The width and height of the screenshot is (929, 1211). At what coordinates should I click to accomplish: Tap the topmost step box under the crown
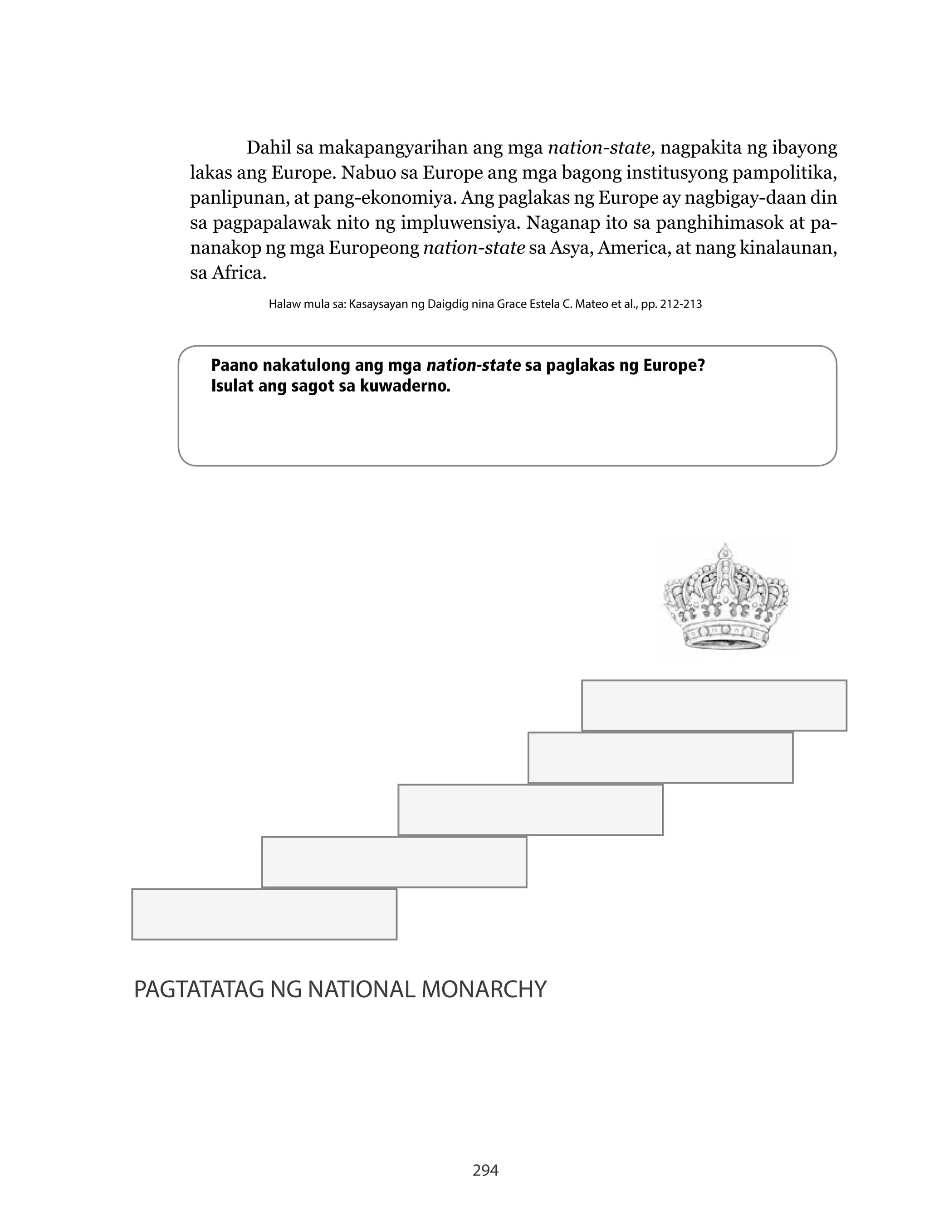[714, 705]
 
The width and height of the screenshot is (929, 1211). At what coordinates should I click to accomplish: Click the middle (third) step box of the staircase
[530, 809]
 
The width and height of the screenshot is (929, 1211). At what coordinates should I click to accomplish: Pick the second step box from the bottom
[394, 862]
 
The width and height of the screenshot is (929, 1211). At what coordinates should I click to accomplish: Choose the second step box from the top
[660, 758]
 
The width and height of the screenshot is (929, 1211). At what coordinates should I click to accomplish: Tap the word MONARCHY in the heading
[484, 990]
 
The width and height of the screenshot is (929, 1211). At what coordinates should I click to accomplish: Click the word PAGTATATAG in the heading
[199, 990]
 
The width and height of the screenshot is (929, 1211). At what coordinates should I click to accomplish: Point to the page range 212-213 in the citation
[681, 304]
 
